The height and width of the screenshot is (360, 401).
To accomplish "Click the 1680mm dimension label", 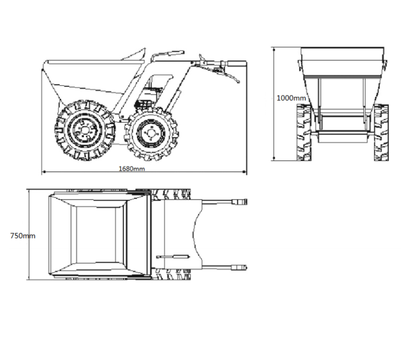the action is (132, 168).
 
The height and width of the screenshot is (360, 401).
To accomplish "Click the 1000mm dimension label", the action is (291, 98).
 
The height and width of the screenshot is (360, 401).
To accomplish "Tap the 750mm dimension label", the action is (23, 236).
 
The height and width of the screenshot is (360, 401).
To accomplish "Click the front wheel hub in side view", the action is (84, 130).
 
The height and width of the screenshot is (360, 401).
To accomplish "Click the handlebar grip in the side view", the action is (237, 63).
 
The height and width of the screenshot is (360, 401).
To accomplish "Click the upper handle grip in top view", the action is (239, 202).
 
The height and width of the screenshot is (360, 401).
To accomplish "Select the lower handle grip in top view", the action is (239, 268).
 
